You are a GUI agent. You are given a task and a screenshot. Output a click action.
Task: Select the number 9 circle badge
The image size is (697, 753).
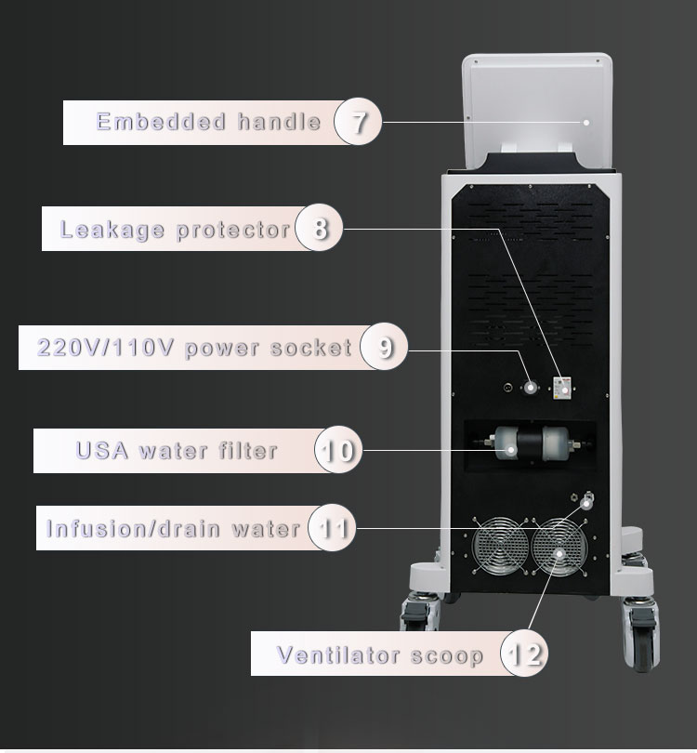tap(384, 348)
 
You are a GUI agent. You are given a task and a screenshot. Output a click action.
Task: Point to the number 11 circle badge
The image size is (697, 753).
tap(330, 529)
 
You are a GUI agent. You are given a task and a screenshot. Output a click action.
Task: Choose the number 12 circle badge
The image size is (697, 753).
tap(523, 654)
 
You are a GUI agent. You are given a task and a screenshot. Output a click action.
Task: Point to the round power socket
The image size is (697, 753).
tap(532, 386)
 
